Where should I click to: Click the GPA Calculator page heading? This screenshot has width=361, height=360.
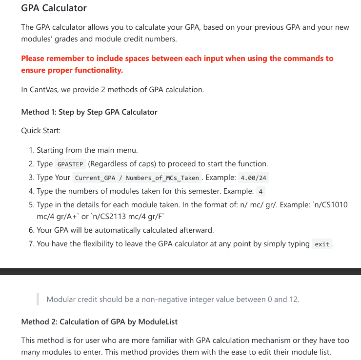(54, 8)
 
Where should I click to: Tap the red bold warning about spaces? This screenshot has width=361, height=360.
(177, 64)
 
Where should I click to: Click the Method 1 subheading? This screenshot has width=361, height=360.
(89, 112)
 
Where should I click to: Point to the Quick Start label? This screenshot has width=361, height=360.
(40, 131)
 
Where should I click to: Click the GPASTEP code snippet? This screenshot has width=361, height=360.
(69, 164)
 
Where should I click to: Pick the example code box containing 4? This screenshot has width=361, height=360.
(261, 192)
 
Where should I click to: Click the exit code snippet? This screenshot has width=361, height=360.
(322, 244)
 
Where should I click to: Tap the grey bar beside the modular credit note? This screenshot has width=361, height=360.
(38, 299)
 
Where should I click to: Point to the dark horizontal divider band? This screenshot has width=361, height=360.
(180, 272)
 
